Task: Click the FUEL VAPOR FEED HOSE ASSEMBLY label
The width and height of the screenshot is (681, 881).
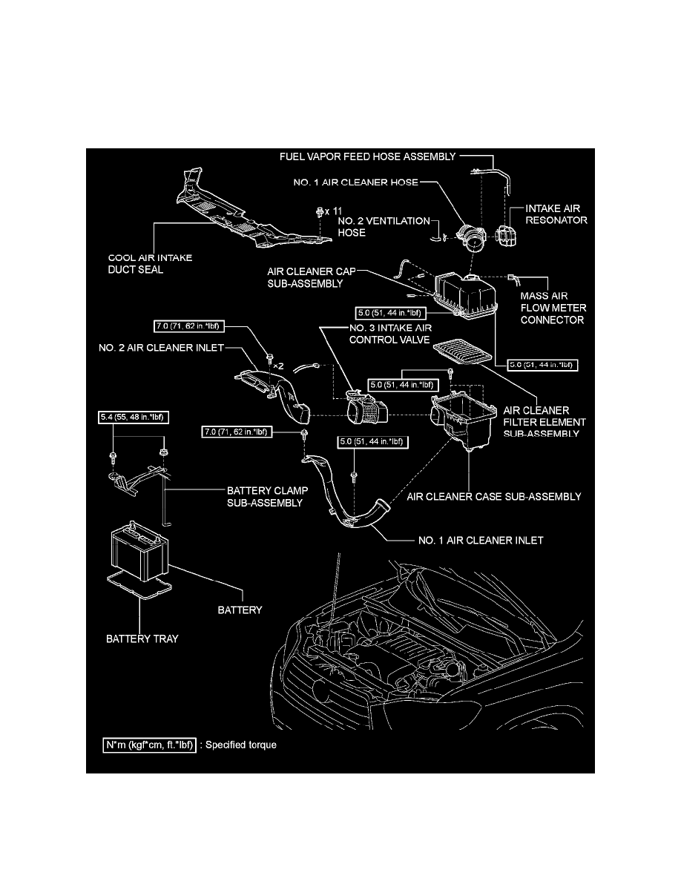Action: [x=366, y=157]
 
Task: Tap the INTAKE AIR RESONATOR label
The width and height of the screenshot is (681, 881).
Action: [x=557, y=214]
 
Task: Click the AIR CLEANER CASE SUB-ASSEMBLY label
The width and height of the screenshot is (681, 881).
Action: [x=494, y=496]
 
